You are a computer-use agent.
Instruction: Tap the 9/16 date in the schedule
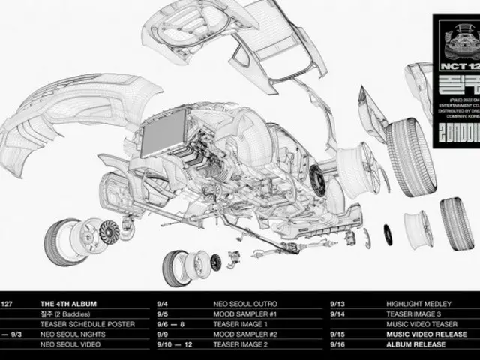pos(337,345)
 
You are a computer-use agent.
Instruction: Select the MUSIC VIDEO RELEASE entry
pos(426,334)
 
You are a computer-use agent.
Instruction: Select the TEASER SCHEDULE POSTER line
pos(88,324)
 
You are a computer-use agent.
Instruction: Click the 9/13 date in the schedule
pos(337,304)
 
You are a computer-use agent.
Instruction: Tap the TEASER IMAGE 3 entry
pos(413,314)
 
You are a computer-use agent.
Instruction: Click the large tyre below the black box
pos(410,157)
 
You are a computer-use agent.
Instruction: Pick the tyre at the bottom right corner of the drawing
pos(456,223)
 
